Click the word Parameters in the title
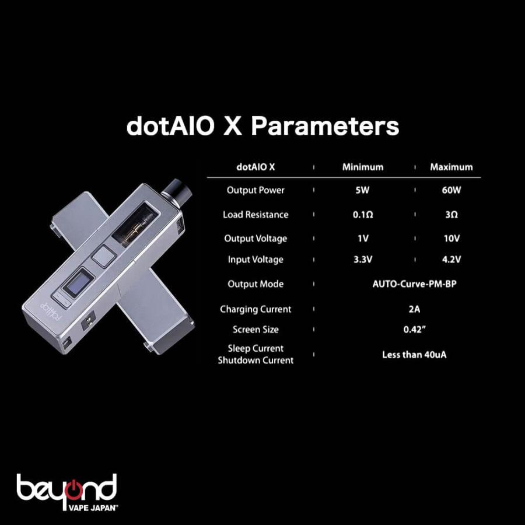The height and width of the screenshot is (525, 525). [325, 127]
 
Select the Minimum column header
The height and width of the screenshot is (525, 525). [363, 167]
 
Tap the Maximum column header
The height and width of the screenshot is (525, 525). [452, 167]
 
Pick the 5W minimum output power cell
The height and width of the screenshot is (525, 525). [363, 191]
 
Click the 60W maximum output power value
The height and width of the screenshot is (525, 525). [452, 191]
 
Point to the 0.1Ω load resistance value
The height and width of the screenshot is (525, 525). [363, 215]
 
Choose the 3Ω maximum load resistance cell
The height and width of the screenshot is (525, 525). [452, 215]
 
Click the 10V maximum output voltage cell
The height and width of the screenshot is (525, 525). [452, 239]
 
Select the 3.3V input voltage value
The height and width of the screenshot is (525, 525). [363, 260]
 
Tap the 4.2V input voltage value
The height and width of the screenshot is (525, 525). [452, 260]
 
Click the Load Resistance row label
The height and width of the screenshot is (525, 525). [256, 215]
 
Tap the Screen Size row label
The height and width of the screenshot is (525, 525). [256, 330]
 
